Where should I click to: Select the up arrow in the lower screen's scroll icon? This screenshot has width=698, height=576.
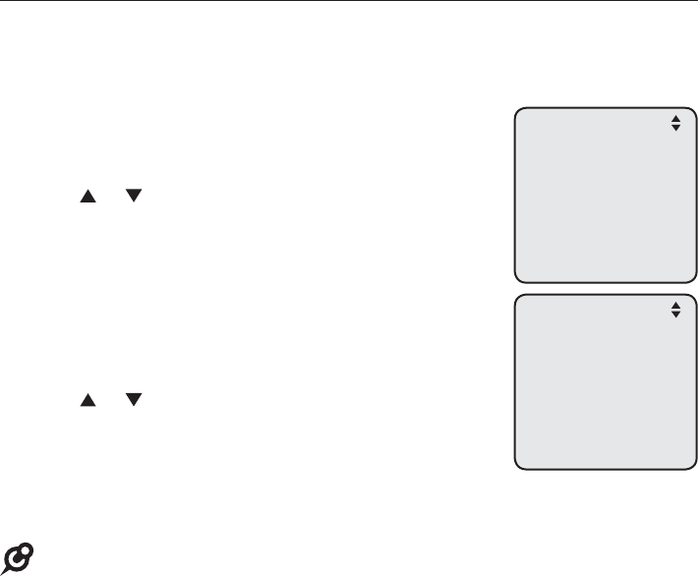coord(675,306)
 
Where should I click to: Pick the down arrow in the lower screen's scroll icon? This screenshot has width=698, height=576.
coord(675,315)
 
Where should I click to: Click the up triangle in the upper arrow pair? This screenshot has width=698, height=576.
coord(87,198)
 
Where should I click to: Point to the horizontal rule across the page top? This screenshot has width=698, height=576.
coord(349,2)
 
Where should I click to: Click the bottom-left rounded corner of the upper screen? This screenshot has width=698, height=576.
coord(518,277)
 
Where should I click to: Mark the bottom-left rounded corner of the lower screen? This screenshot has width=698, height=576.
coord(518,464)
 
